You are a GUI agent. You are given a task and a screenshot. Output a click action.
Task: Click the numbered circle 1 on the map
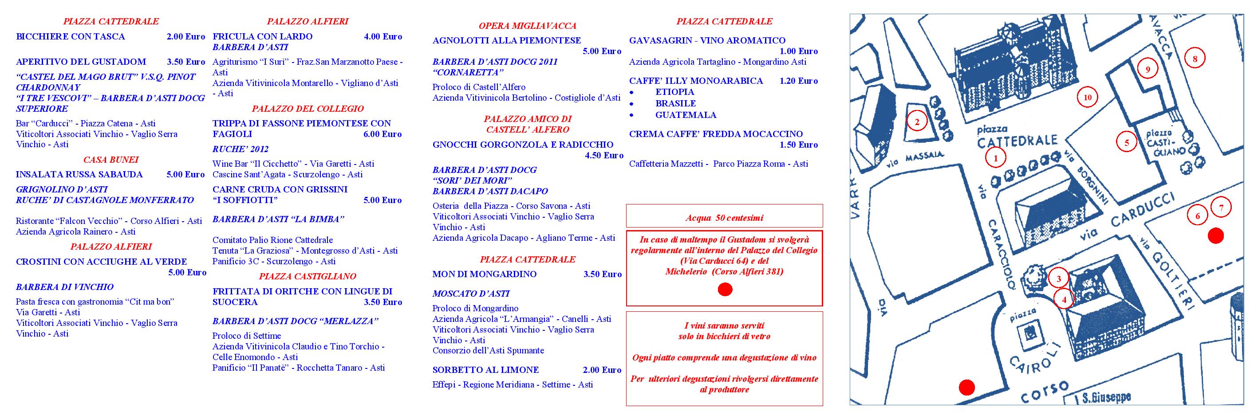pyautogui.click(x=996, y=157)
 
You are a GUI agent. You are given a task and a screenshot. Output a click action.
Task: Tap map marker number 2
pyautogui.click(x=917, y=122)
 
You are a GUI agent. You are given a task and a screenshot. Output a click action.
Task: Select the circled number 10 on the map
pyautogui.click(x=1087, y=98)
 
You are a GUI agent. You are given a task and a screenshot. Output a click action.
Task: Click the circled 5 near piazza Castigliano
pyautogui.click(x=1127, y=143)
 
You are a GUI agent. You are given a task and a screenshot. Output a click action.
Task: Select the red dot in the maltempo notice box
pyautogui.click(x=725, y=290)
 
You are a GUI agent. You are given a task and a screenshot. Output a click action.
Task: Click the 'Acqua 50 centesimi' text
pyautogui.click(x=724, y=218)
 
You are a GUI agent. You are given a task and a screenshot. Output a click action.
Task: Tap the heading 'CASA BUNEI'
pyautogui.click(x=111, y=160)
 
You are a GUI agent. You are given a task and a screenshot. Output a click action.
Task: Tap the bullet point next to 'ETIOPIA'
pyautogui.click(x=632, y=92)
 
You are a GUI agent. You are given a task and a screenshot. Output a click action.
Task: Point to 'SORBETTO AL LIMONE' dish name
pyautogui.click(x=485, y=370)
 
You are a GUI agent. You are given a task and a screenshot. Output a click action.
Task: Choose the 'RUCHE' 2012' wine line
pyautogui.click(x=240, y=149)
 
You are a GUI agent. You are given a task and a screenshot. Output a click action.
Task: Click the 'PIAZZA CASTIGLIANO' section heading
pyautogui.click(x=307, y=277)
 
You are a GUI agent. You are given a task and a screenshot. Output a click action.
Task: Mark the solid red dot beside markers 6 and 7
pyautogui.click(x=1215, y=236)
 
